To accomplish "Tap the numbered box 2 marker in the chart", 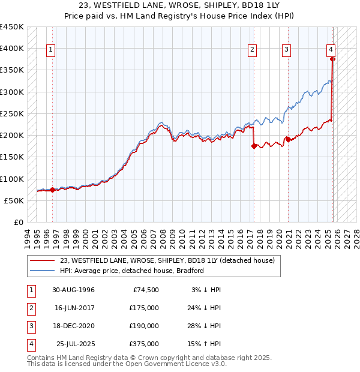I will pyautogui.click(x=253, y=50).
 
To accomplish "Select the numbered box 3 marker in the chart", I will pyautogui.click(x=287, y=50).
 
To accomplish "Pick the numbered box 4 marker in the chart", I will pyautogui.click(x=331, y=50).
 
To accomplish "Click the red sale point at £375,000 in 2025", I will pyautogui.click(x=332, y=59).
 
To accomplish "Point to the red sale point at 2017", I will pyautogui.click(x=254, y=146).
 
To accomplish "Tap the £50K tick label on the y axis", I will pyautogui.click(x=14, y=200).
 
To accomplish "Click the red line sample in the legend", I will pyautogui.click(x=43, y=260).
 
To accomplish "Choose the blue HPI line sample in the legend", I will pyautogui.click(x=43, y=271).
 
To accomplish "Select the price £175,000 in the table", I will pyautogui.click(x=144, y=308).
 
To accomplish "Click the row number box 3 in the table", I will pyautogui.click(x=31, y=326).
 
